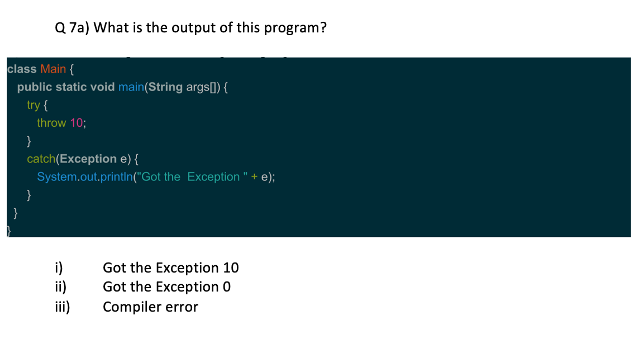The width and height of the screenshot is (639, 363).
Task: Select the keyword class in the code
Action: click(x=22, y=69)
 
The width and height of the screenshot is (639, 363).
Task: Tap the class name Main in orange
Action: click(x=53, y=69)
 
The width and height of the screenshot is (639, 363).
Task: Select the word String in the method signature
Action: click(x=165, y=87)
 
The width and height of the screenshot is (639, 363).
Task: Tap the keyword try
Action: click(x=33, y=104)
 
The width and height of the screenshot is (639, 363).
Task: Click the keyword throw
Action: click(x=51, y=122)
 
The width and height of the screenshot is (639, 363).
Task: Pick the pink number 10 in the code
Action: click(x=76, y=122)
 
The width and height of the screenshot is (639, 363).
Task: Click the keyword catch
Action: click(x=41, y=159)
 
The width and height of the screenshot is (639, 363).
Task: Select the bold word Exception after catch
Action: click(x=88, y=159)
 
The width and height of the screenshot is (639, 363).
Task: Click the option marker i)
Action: click(x=58, y=268)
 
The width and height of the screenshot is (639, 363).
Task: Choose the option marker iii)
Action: click(x=61, y=307)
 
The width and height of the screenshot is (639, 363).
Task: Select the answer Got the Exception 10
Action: click(x=170, y=268)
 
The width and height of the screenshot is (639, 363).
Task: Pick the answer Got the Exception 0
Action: click(x=166, y=287)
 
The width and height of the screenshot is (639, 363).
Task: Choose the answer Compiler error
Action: click(x=150, y=307)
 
